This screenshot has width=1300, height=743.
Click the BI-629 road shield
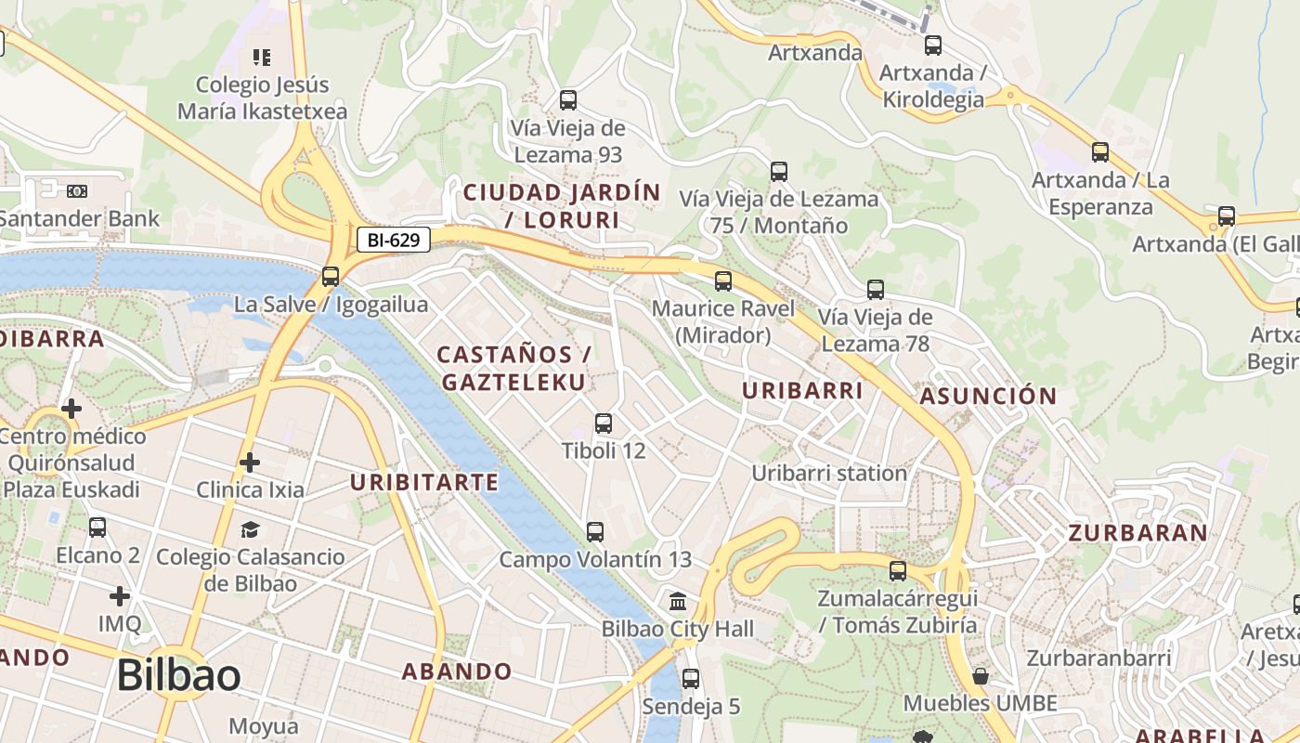point(393,241)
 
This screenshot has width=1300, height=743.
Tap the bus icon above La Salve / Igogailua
point(331,276)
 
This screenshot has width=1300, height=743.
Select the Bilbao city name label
point(179,675)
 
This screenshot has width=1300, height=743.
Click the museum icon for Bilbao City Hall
point(678,601)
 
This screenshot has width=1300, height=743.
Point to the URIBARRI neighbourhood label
point(802,391)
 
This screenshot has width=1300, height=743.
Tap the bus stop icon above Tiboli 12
point(604,424)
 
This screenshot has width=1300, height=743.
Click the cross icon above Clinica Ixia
point(249,462)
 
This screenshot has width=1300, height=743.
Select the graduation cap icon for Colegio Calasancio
point(250,529)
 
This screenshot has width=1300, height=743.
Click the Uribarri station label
point(828,473)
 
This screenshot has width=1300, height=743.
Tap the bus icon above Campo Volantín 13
point(595,532)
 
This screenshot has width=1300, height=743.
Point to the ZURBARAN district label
point(1137,533)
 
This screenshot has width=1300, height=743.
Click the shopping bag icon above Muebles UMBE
point(980,675)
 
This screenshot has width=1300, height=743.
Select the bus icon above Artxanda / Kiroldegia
point(933,45)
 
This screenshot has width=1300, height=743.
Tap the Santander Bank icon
point(77,191)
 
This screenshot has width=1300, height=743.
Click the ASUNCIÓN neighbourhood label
point(988,397)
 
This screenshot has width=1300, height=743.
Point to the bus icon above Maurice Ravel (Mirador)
point(723,280)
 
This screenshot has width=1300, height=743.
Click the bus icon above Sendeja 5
point(691,679)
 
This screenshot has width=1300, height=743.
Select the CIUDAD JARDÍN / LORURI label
point(562,206)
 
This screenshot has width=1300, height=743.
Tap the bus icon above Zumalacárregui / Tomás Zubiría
point(898,570)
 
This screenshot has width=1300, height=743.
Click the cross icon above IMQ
point(120,595)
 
